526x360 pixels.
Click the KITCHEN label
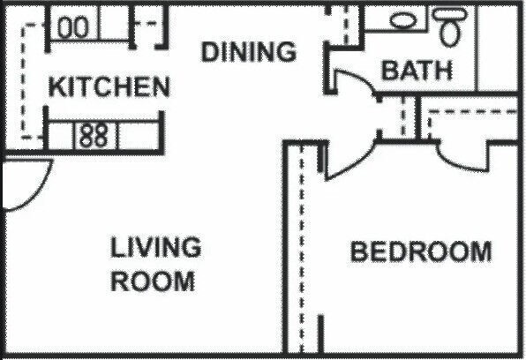pos(109,86)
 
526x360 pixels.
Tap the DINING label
pos(249,52)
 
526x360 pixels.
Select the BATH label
pos(417,70)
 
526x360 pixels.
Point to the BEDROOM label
pos(421,252)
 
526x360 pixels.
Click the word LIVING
pos(156,246)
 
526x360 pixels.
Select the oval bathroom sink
pos(404,19)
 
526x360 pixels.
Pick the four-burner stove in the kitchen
pos(94,135)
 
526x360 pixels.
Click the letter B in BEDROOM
pos(359,252)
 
